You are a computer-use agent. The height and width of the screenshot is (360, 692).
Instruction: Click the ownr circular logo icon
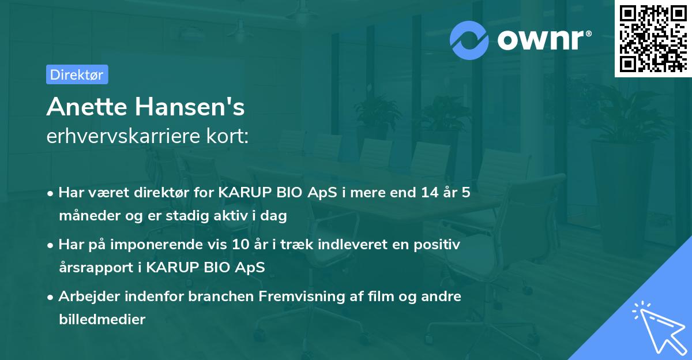click(x=469, y=40)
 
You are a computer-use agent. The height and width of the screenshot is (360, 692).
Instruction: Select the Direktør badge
click(x=77, y=74)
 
